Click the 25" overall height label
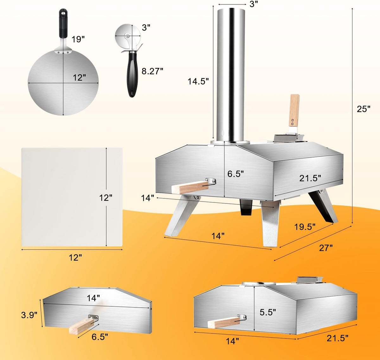[x=363, y=109]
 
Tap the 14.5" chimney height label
[x=198, y=81]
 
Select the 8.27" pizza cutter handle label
[x=152, y=71]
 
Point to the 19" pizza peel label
[x=78, y=39]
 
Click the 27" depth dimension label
[x=326, y=248]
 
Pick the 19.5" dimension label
[x=305, y=227]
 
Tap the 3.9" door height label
[x=29, y=315]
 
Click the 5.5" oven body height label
[x=268, y=312]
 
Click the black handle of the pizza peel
[x=63, y=23]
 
